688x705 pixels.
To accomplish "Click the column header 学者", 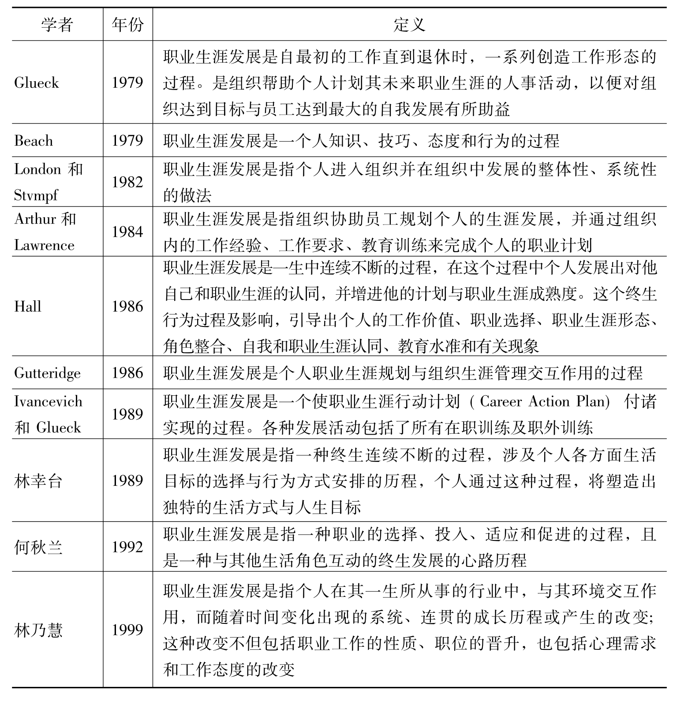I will (x=57, y=25).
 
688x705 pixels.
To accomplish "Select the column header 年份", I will (x=127, y=25).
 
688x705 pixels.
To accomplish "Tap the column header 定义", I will (x=409, y=25).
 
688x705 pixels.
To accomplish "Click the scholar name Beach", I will (x=34, y=141).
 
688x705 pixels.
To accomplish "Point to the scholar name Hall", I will (x=27, y=307).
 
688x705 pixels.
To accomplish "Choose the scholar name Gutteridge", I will (x=47, y=373).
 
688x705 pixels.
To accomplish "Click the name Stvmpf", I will (x=35, y=195).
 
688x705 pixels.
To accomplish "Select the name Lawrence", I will (x=44, y=245).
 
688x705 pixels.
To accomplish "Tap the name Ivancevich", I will (x=48, y=401).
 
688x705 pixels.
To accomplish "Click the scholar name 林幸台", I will (x=38, y=480).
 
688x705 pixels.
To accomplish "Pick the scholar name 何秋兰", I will (x=38, y=547).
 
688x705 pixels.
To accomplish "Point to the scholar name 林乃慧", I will (x=38, y=630).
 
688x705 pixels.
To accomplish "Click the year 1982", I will (x=127, y=182).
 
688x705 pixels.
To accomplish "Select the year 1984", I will (x=127, y=232).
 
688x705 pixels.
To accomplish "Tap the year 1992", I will (x=127, y=547).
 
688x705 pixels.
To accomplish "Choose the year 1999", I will (x=127, y=630).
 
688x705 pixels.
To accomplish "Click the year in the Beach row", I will (x=127, y=140).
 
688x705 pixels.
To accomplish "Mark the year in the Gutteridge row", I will (x=127, y=373).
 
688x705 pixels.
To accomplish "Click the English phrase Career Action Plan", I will (x=544, y=401).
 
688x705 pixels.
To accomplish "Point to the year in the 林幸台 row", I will (x=127, y=480).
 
